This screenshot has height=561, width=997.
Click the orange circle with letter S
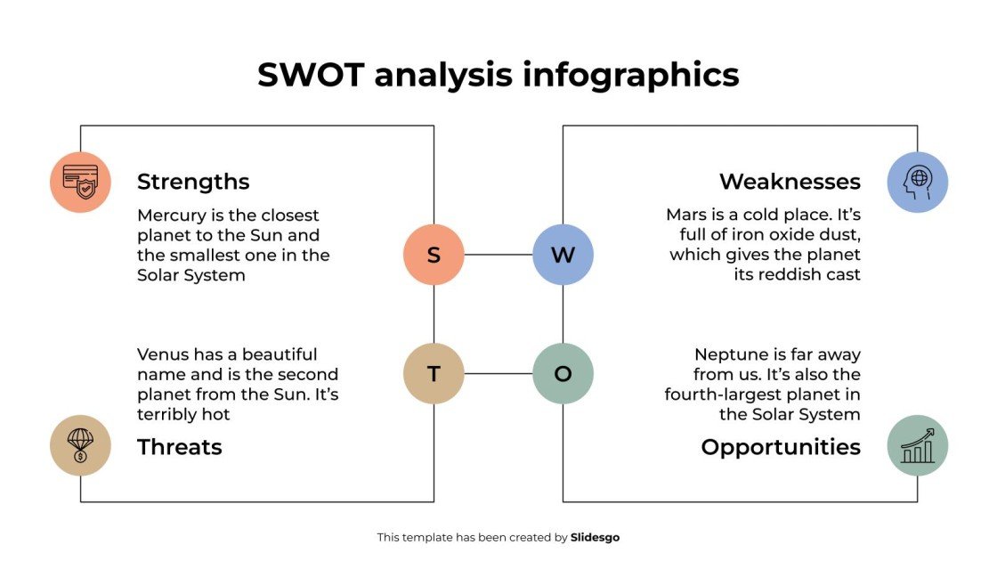coord(434,255)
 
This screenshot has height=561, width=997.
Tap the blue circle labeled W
coord(563,255)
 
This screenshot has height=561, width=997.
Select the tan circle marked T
coord(434,373)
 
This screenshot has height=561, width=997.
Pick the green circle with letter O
coord(563,373)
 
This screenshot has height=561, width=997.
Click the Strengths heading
coord(193,182)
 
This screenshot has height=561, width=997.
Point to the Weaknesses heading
coord(790,182)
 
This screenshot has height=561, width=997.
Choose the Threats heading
coord(179,446)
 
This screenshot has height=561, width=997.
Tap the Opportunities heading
coord(781,446)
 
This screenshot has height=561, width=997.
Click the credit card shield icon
coord(80,182)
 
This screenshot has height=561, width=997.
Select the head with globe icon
coord(917,182)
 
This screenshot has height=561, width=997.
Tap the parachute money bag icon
coord(80,444)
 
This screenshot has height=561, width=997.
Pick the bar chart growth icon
coord(917,444)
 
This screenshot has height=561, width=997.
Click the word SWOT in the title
coord(311,75)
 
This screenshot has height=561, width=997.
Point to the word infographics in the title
coord(630,75)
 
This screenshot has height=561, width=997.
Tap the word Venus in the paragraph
coord(164,354)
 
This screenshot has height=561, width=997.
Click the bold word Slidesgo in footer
coord(595,537)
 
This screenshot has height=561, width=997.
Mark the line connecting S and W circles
coord(498,255)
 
